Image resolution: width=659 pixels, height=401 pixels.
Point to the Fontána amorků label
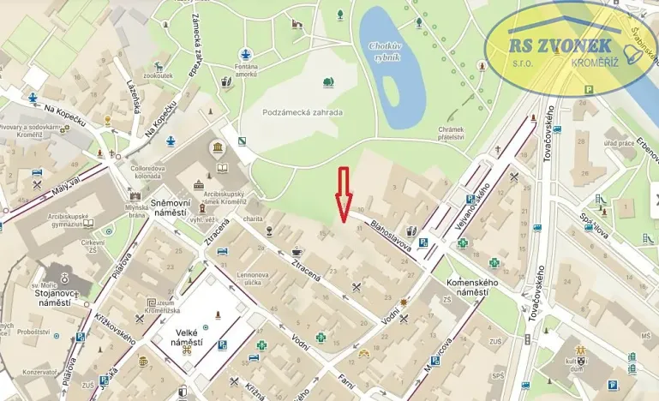coord(246,71)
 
